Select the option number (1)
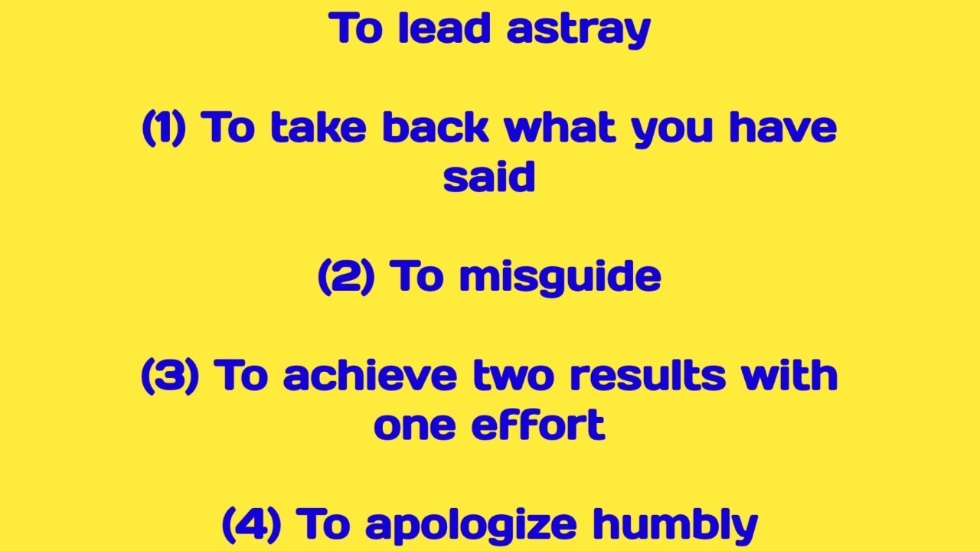(165, 128)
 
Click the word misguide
(560, 277)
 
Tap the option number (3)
(170, 376)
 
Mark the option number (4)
(251, 524)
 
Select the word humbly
(675, 525)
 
